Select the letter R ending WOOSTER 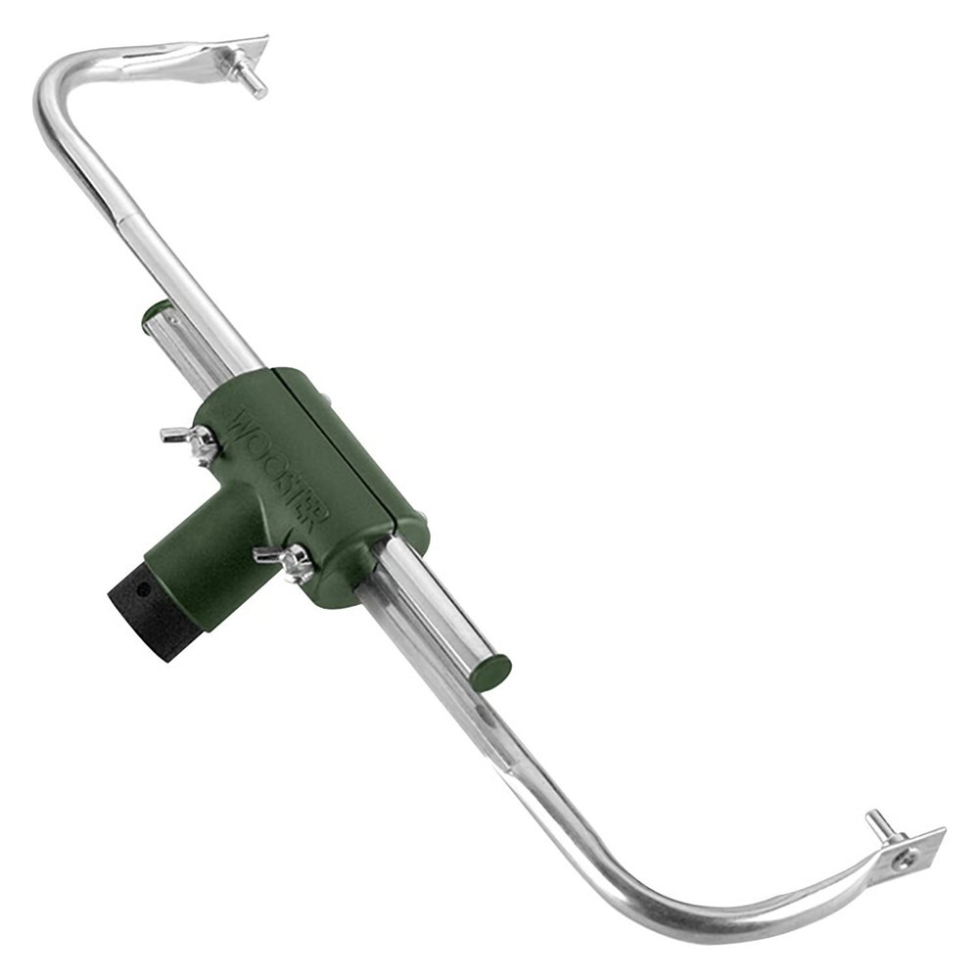[315, 516]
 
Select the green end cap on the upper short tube [155, 313]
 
